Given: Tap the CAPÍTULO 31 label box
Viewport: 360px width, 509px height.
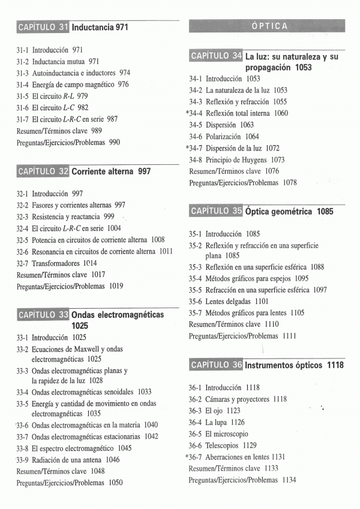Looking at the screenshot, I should pos(43,28).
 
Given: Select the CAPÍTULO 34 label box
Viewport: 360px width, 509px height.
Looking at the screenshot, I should pos(216,57).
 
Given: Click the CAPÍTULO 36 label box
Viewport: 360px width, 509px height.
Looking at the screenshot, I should pos(216,365).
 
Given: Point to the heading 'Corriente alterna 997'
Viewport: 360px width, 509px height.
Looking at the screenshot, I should pos(111,171).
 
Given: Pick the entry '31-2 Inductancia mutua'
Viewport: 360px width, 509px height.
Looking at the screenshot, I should pos(58,61).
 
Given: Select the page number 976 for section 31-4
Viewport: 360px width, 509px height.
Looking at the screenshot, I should pos(123,85).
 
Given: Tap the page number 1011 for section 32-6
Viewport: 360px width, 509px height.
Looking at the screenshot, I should pos(166,252).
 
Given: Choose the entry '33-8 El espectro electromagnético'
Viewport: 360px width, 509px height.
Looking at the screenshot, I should pos(74,448).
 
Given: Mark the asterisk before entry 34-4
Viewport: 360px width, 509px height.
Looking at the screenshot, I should pos(188,113).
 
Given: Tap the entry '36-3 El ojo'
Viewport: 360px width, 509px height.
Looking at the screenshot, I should pos(214,411).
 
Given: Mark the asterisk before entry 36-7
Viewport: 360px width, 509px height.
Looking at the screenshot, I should pos(187,457).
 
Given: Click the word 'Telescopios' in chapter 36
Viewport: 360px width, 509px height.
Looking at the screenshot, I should pos(224,445).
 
